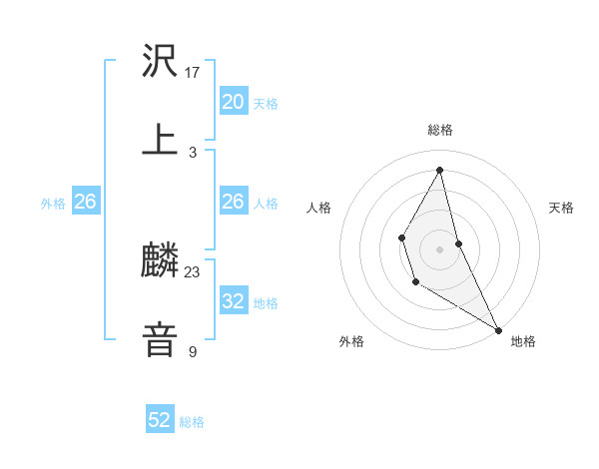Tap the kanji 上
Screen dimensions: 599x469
point(160,140)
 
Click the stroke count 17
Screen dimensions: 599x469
point(194,72)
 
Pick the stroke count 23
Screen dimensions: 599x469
point(193,272)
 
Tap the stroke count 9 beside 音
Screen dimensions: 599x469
point(193,351)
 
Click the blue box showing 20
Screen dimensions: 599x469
point(234,101)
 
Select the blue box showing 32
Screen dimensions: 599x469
point(234,301)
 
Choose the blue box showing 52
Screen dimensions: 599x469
point(160,420)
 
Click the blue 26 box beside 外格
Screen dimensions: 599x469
point(85,202)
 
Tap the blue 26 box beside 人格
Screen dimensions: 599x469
point(234,202)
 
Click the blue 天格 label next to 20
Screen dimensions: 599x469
point(266,104)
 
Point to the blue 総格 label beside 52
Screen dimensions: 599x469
point(192,423)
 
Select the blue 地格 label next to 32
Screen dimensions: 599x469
point(266,303)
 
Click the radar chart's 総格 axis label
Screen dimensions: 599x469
point(440,130)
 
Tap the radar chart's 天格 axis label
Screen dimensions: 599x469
point(562,208)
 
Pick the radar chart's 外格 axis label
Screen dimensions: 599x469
point(351,341)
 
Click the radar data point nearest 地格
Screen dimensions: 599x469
point(499,329)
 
